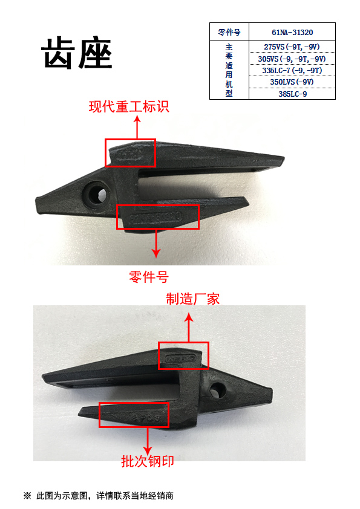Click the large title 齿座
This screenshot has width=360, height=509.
77,56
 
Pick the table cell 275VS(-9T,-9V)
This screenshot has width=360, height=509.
292,47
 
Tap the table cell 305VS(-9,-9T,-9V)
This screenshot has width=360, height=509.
292,59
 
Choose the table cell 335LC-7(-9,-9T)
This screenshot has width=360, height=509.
292,70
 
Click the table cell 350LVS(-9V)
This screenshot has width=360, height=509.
292,82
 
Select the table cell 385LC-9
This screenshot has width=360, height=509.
292,94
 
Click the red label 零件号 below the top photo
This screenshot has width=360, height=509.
149,277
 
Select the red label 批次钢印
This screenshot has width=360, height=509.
148,461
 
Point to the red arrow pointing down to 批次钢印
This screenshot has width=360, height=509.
148,439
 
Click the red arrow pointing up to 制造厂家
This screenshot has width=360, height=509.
190,327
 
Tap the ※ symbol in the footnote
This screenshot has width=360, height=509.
27,496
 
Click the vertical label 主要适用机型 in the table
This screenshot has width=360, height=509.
229,70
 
